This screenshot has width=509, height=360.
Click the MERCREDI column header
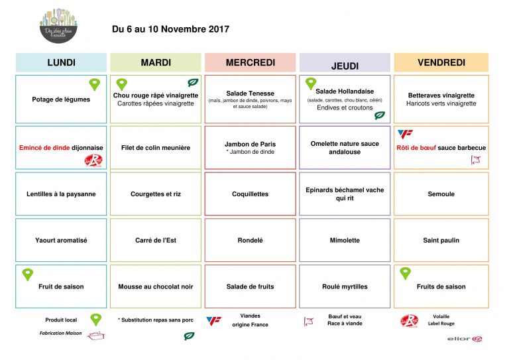click(250, 63)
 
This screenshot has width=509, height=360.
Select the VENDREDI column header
click(441, 63)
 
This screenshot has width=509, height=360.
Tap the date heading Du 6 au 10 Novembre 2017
click(170, 29)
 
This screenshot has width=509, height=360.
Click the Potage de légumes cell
click(61, 99)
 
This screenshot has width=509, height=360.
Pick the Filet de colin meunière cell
click(156, 148)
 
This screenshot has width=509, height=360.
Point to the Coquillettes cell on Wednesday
click(250, 194)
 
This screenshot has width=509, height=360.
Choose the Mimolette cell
click(345, 241)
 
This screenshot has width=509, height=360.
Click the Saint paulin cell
click(441, 241)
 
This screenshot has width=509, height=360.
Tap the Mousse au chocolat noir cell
click(156, 287)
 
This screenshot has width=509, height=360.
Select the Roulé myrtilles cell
click(345, 287)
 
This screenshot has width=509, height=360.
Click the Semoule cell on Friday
click(441, 194)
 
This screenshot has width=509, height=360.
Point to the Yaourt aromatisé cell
click(61, 241)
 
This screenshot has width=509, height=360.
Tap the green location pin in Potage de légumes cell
click(95, 84)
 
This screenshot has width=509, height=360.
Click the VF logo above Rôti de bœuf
click(404, 134)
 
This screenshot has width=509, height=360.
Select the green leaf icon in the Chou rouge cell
click(193, 83)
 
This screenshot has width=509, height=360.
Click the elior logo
click(467, 339)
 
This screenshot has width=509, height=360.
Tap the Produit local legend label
click(62, 320)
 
